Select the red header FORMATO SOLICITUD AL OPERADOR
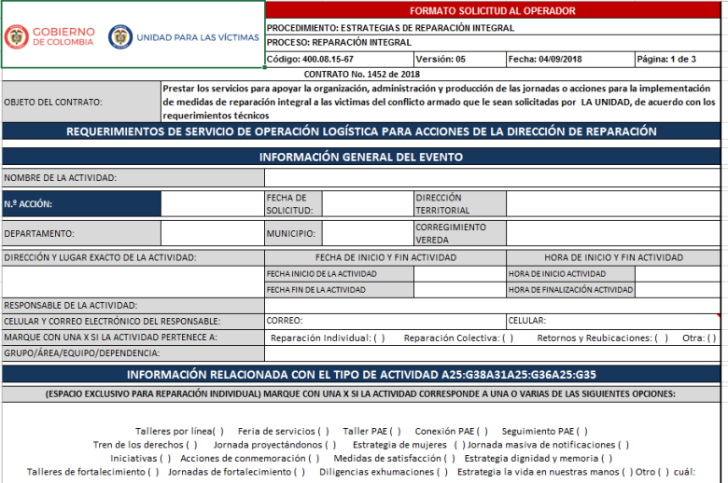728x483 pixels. [x=492, y=11]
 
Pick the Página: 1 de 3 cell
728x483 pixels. [x=665, y=59]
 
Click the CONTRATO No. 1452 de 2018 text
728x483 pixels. [x=362, y=74]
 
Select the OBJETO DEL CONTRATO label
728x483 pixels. [x=53, y=103]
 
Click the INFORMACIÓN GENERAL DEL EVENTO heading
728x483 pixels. [x=360, y=157]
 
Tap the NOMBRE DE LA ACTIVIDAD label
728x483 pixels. [x=60, y=177]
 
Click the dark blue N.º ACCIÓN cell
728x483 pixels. [x=81, y=203]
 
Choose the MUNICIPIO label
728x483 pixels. [x=290, y=233]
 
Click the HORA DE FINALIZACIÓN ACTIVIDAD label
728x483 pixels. [x=570, y=290]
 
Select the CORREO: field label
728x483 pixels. [x=285, y=321]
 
